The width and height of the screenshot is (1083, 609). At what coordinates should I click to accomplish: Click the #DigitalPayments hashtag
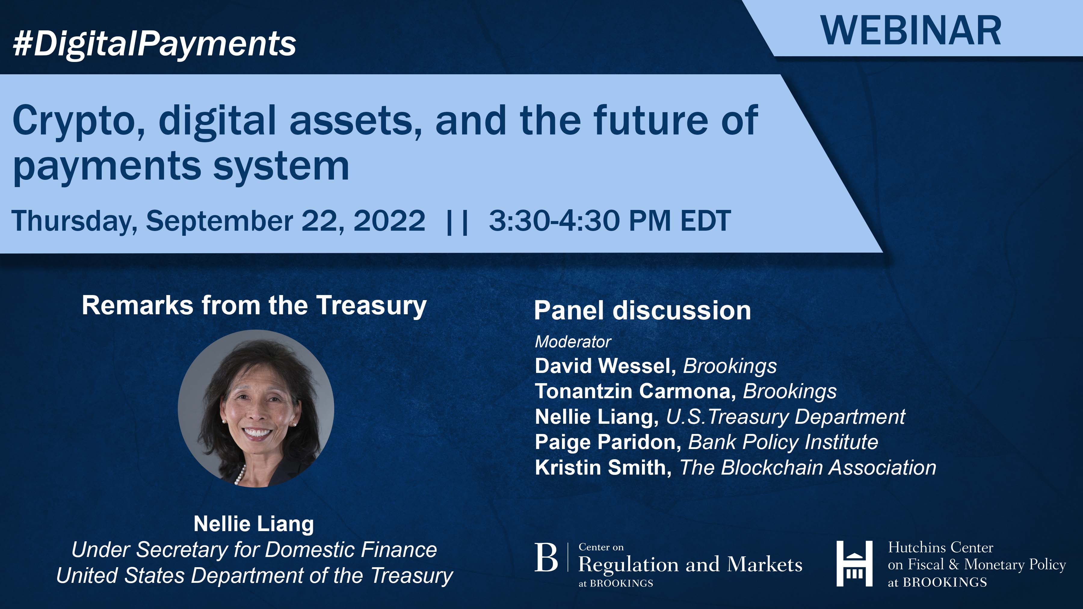click(154, 44)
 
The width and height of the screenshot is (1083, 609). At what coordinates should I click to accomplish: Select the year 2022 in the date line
click(389, 221)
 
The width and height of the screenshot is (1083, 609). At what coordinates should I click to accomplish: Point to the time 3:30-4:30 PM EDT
click(609, 221)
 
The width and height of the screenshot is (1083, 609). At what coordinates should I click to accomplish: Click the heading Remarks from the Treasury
click(254, 305)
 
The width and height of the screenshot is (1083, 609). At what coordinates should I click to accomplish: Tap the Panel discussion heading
click(642, 311)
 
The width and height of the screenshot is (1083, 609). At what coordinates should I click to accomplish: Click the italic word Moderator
click(572, 342)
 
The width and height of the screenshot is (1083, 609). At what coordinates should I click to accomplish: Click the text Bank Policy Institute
click(783, 442)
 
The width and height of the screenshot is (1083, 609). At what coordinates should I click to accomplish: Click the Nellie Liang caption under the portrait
click(254, 524)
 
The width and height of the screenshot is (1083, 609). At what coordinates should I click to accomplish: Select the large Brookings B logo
click(546, 558)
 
